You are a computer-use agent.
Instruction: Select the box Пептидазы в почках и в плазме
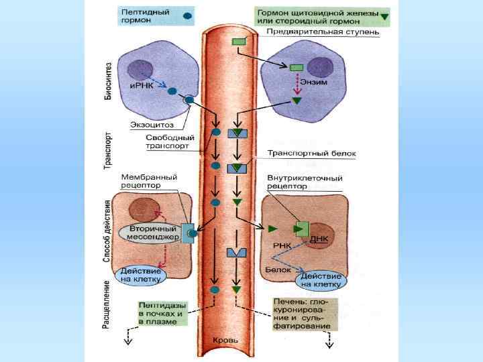(162, 313)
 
